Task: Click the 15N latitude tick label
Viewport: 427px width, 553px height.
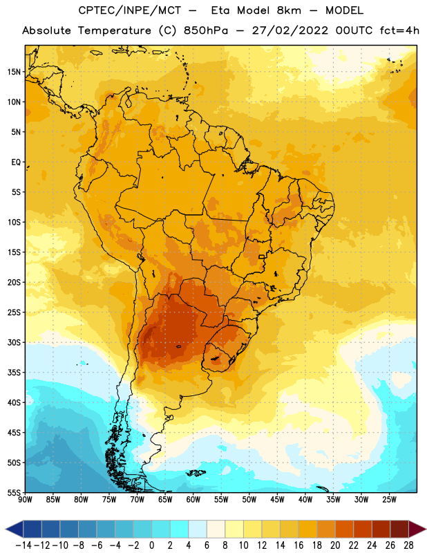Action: point(14,72)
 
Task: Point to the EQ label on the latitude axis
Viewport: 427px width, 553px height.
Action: point(16,162)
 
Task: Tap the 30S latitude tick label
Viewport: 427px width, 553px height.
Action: point(14,342)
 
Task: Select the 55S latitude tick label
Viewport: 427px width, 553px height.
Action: point(14,493)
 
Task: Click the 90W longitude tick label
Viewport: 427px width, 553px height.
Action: point(25,499)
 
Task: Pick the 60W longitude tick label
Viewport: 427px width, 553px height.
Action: point(193,499)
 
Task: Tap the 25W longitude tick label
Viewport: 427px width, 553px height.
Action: point(389,499)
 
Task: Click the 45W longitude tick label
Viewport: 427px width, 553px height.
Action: point(277,499)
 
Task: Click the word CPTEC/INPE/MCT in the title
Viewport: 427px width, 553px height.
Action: point(130,10)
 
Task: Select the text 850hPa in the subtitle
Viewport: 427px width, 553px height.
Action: point(206,30)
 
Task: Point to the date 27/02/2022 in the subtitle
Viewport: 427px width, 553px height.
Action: point(290,30)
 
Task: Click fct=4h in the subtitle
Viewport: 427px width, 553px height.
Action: point(399,30)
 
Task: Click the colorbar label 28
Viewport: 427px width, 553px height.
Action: point(408,545)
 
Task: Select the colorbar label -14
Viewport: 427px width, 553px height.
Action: point(23,545)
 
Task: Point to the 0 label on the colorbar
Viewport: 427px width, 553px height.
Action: point(151,545)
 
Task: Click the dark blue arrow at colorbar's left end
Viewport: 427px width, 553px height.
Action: point(15,529)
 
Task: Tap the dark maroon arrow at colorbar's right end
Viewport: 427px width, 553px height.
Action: point(417,529)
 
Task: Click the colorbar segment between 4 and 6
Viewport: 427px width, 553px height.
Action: point(198,529)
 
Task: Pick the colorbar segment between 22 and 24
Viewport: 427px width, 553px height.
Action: point(363,529)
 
